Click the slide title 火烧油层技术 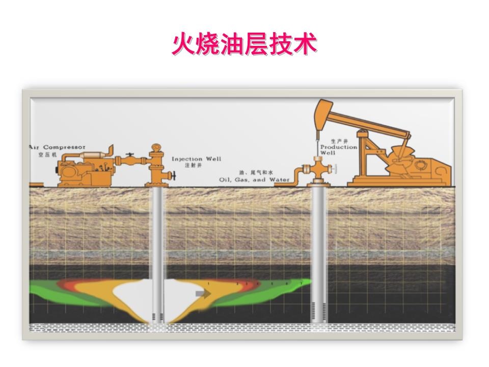[244, 45]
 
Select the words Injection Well [196, 159]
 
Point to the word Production [339, 147]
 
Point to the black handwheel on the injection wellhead [174, 177]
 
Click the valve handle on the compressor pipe [130, 154]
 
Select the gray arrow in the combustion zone [203, 293]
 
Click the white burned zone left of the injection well [133, 294]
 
